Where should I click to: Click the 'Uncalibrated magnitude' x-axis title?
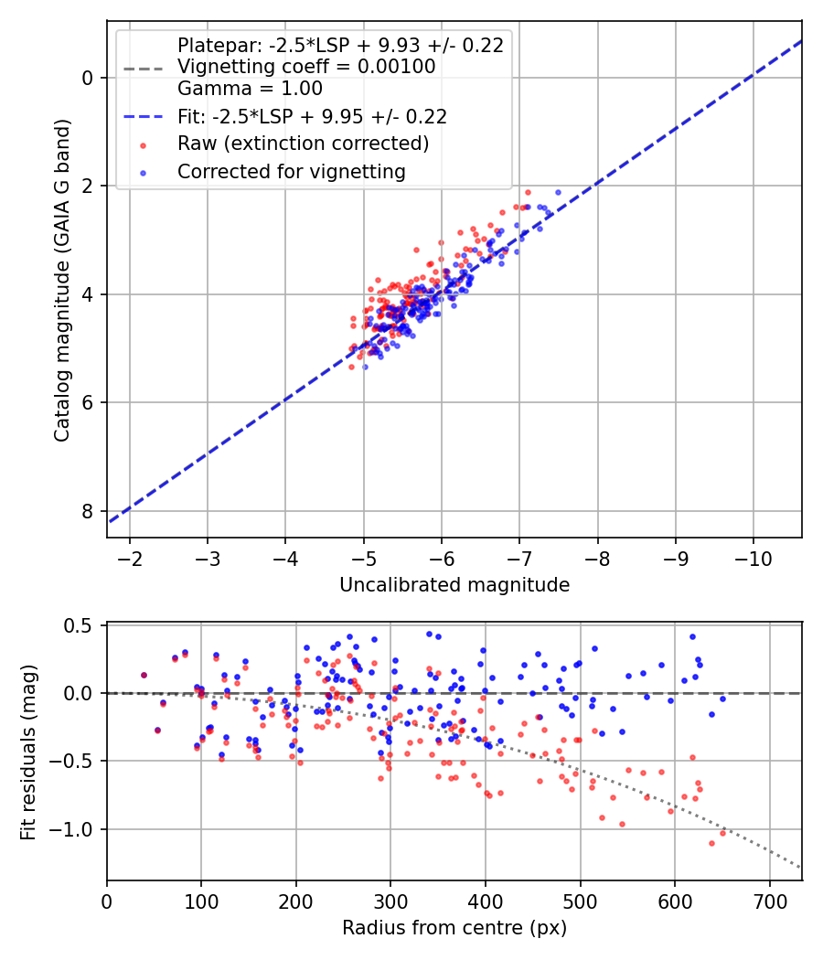tap(454, 585)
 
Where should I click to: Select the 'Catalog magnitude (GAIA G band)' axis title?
tap(62, 280)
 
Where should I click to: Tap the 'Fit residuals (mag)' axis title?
tap(28, 752)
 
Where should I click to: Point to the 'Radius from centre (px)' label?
tap(454, 928)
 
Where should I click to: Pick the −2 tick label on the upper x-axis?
tap(129, 559)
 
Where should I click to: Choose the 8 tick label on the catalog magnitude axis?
tap(87, 511)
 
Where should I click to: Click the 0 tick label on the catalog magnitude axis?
tap(87, 78)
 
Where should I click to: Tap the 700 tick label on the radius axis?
tap(769, 901)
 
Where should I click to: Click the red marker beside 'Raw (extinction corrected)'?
tap(144, 145)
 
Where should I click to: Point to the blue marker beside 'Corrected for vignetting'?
tap(144, 173)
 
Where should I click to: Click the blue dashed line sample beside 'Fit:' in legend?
tap(144, 116)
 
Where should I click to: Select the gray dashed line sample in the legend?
tap(144, 68)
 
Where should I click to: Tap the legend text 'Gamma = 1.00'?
tap(250, 89)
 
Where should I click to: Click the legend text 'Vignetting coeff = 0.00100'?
tap(306, 67)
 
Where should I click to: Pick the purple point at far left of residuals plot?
tap(144, 675)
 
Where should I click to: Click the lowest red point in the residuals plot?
tap(711, 843)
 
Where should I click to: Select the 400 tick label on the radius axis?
tap(486, 901)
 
